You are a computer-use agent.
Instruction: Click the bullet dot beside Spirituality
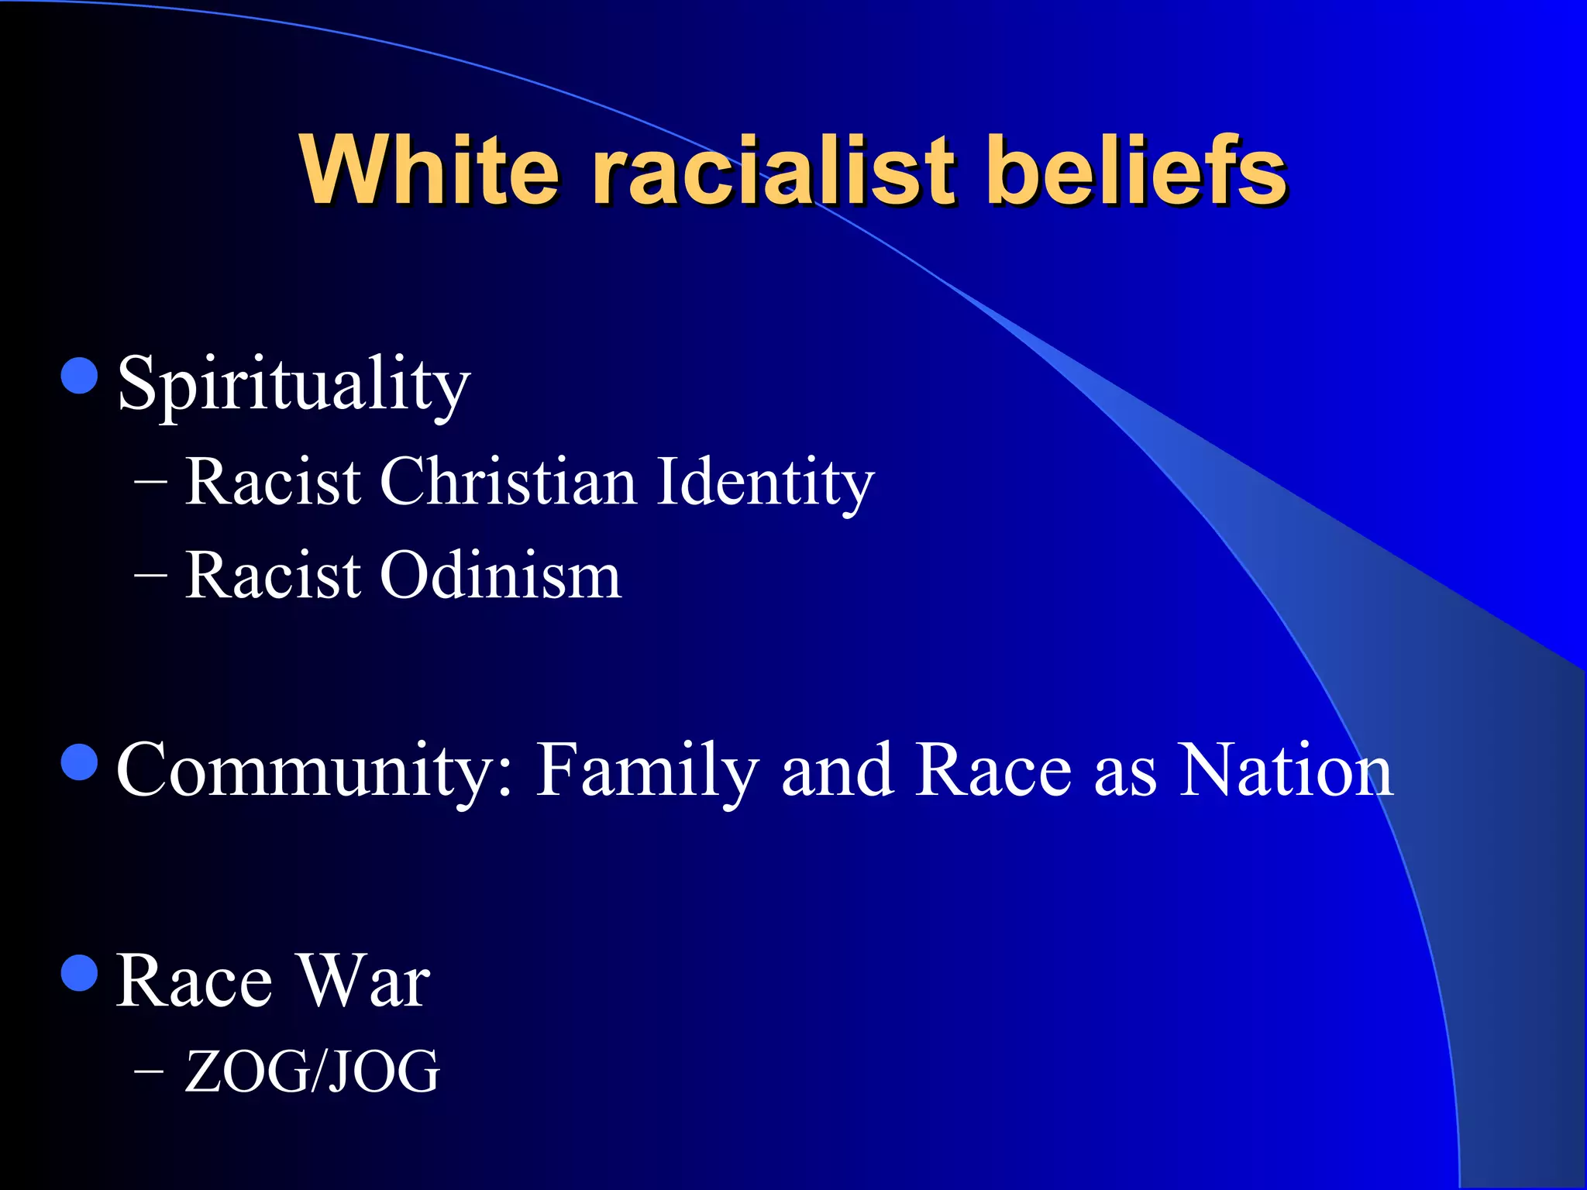pyautogui.click(x=79, y=376)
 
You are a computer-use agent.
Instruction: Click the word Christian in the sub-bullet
pyautogui.click(x=508, y=482)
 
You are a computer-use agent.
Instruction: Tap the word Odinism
pyautogui.click(x=500, y=576)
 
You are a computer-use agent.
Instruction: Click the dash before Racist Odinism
pyautogui.click(x=150, y=576)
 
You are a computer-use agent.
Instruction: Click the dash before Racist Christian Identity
pyautogui.click(x=150, y=482)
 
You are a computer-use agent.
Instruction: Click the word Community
pyautogui.click(x=314, y=771)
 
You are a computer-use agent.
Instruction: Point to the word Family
pyautogui.click(x=647, y=771)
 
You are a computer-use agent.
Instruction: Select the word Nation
pyautogui.click(x=1286, y=771)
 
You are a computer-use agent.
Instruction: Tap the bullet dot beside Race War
pyautogui.click(x=79, y=973)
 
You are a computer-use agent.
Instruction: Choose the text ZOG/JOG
pyautogui.click(x=312, y=1071)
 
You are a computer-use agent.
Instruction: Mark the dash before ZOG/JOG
pyautogui.click(x=150, y=1071)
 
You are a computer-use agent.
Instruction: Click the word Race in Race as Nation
pyautogui.click(x=993, y=771)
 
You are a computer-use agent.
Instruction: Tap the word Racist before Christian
pyautogui.click(x=273, y=482)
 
